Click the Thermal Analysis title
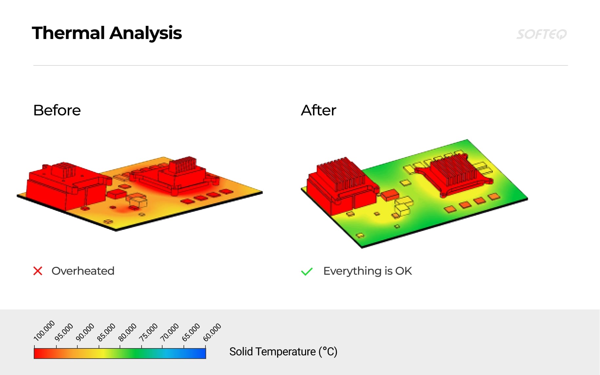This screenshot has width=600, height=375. (x=107, y=33)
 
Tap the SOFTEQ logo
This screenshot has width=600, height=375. (x=541, y=34)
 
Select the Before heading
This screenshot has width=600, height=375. (x=57, y=110)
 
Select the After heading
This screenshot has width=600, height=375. (x=319, y=110)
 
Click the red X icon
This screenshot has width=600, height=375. (x=38, y=271)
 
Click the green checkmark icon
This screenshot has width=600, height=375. (x=307, y=271)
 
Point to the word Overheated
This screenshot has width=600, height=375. (x=83, y=271)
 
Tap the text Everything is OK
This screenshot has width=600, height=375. (x=367, y=271)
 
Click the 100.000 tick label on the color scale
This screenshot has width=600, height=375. (x=44, y=331)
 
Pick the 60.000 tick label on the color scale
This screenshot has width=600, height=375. (x=212, y=332)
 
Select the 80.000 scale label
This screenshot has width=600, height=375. (x=127, y=332)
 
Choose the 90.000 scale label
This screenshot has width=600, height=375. (x=85, y=332)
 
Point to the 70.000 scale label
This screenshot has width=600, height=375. (x=169, y=332)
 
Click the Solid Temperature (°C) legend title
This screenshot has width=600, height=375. (x=283, y=352)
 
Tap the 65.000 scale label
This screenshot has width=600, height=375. (x=191, y=332)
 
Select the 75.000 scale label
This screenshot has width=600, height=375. (x=148, y=332)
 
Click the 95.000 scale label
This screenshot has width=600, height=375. (x=64, y=332)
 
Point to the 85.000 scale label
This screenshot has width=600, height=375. (x=106, y=332)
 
